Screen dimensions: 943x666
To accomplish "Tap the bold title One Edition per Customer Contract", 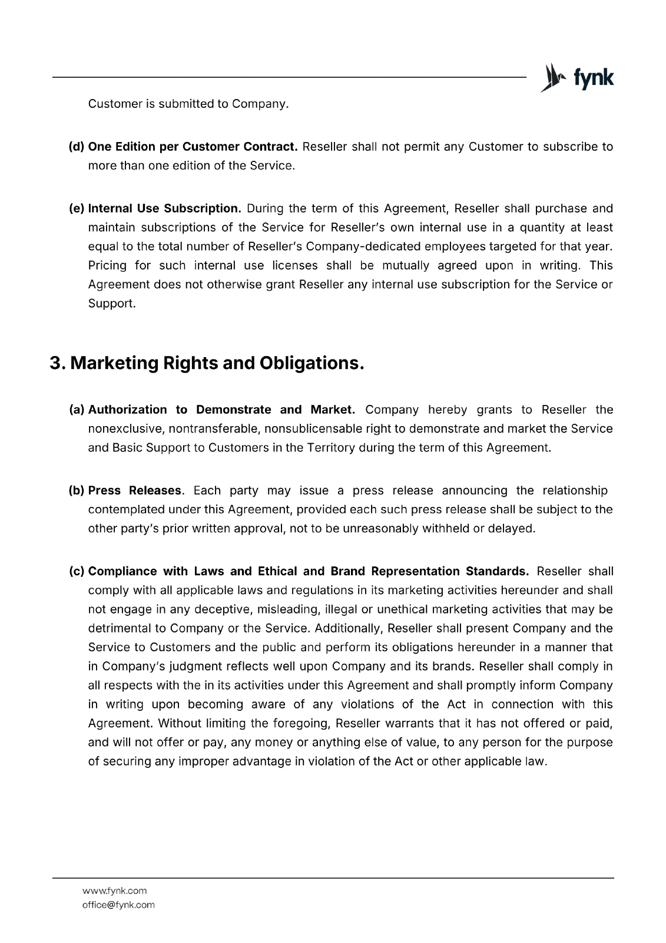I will pos(193,147).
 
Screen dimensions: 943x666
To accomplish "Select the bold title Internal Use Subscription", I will pos(164,209).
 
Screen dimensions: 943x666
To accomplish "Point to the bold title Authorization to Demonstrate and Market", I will pos(221,410).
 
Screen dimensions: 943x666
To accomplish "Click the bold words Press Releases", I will pos(135,490).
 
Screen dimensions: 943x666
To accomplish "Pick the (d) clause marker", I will pos(77,147).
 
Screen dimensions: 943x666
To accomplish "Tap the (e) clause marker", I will pos(77,209).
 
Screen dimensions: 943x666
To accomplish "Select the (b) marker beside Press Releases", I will pos(77,490).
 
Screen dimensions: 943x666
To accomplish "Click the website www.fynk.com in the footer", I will pos(115,891).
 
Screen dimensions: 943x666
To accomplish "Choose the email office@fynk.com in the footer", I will pos(118,905).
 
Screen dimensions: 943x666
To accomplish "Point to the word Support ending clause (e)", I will pos(111,304).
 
